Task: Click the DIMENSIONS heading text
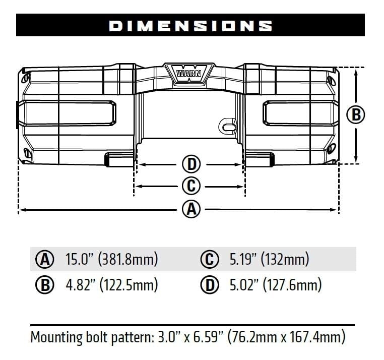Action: (x=190, y=26)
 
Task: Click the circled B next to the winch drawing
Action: (x=356, y=114)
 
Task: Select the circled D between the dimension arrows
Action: (x=190, y=164)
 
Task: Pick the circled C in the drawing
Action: (x=190, y=186)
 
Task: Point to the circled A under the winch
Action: (x=190, y=209)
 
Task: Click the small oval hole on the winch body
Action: (x=228, y=125)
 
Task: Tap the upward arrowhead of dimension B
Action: (x=356, y=71)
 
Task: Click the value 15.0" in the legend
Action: (x=80, y=260)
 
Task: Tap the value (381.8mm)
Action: (x=129, y=260)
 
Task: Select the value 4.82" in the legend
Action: (x=80, y=285)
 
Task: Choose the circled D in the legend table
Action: (x=210, y=285)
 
